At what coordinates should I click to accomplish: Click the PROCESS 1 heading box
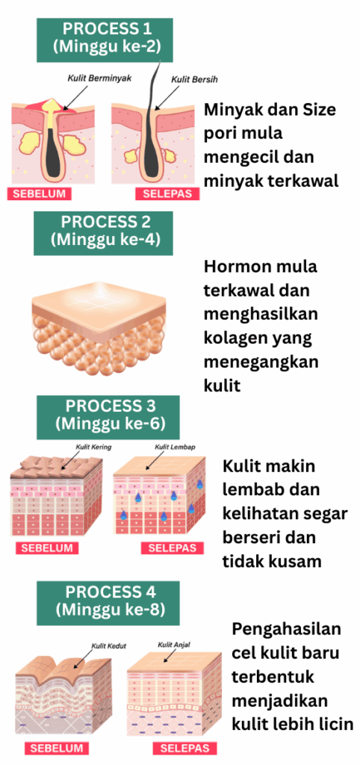105,40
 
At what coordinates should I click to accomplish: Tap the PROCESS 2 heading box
103,233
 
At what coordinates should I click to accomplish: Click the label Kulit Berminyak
100,78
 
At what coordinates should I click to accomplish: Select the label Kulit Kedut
109,646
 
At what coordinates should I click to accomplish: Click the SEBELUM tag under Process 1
39,193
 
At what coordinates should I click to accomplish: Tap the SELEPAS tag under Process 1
168,193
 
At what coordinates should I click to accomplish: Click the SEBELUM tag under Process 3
47,548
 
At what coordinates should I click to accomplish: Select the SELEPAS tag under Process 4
184,748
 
